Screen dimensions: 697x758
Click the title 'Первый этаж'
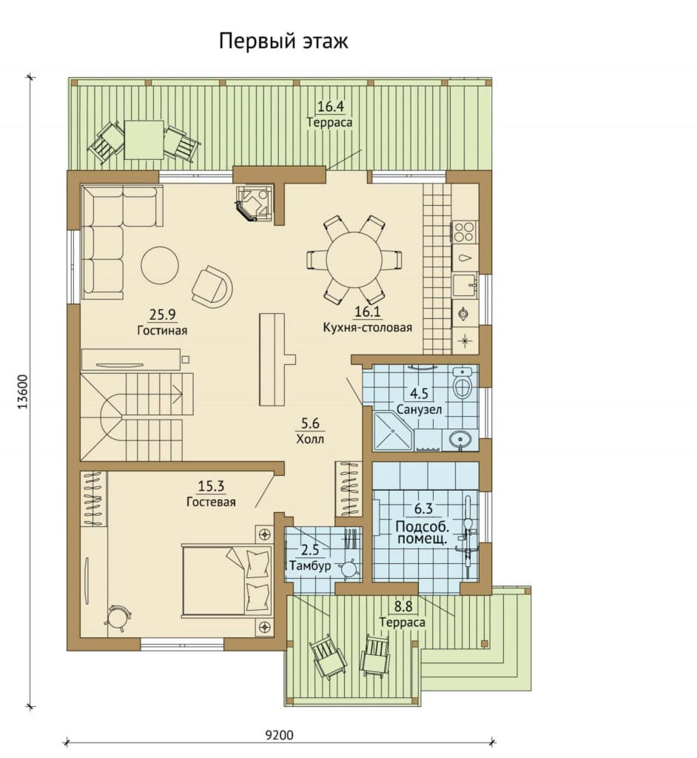283,42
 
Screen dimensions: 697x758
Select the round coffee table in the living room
160,265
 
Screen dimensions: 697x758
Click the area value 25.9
162,315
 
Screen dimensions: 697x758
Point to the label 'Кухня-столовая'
367,328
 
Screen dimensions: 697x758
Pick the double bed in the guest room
226,580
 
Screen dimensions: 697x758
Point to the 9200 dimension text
279,735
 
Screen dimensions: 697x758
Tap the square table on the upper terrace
144,139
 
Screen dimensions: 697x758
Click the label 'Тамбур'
310,565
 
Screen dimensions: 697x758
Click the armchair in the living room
212,286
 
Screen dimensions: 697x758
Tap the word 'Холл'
310,440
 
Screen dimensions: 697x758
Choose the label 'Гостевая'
211,502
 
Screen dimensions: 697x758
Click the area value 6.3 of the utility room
423,509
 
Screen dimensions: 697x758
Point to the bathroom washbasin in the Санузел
459,440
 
